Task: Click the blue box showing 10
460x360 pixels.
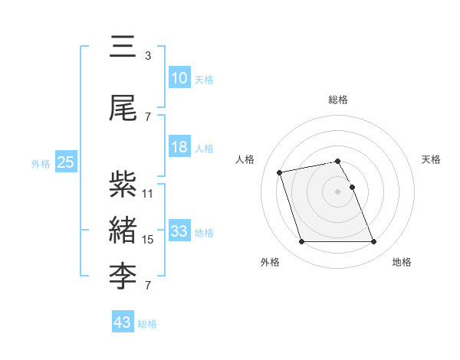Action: (179, 78)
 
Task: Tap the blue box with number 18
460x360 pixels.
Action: (179, 147)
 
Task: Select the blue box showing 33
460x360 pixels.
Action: (179, 231)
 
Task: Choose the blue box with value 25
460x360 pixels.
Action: (65, 162)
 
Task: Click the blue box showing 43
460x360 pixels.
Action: (123, 322)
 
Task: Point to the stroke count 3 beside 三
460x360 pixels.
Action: (148, 56)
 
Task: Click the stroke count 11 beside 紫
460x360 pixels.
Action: (148, 193)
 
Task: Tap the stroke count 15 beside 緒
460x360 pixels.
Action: (148, 240)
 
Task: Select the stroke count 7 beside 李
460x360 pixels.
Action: (148, 286)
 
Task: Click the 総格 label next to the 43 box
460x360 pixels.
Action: (147, 324)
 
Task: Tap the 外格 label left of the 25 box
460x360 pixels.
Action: (41, 163)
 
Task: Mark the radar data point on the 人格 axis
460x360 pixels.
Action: (280, 172)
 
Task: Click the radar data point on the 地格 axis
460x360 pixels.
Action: (373, 242)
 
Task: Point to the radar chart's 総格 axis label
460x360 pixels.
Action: (337, 100)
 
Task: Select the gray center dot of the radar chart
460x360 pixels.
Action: (337, 191)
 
